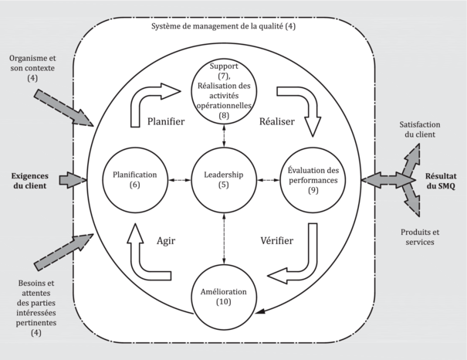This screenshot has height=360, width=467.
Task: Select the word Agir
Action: pos(167,240)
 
